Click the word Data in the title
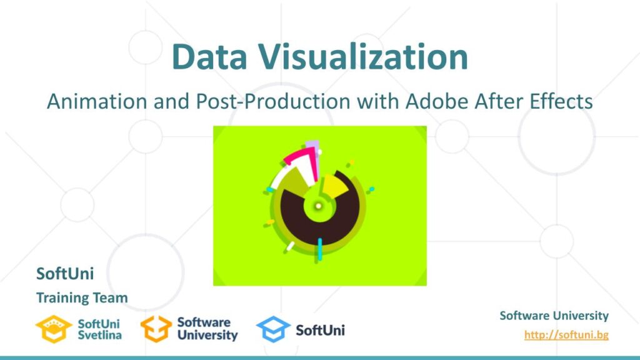(x=209, y=57)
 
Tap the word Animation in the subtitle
(x=97, y=102)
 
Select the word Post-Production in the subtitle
(x=273, y=102)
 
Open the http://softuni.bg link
(x=566, y=335)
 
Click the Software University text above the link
(x=554, y=316)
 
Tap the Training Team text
(x=82, y=297)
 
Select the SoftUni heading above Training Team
(x=65, y=274)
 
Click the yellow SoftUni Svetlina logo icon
(x=54, y=329)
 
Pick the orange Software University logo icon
(x=156, y=329)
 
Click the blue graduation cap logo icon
(x=273, y=329)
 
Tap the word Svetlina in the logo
(x=99, y=335)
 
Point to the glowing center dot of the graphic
(x=318, y=206)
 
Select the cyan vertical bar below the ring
(x=319, y=249)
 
